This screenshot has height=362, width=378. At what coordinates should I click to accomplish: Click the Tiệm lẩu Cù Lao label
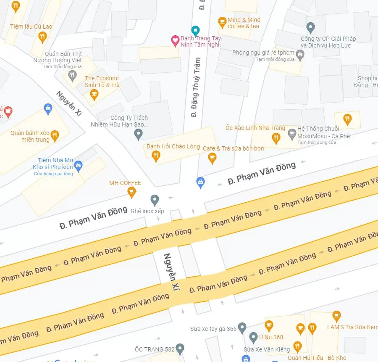[31, 26]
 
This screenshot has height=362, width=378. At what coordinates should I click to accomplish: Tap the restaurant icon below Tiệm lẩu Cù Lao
[42, 37]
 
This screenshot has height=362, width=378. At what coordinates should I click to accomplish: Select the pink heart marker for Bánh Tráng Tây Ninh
[175, 41]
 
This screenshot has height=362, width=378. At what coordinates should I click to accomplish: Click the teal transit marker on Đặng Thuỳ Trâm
[195, 30]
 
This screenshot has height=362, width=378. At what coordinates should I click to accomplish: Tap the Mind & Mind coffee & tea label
[244, 23]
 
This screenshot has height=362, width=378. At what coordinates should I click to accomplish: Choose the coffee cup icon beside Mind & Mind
[222, 21]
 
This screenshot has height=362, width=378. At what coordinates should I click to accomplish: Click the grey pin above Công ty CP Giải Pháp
[311, 28]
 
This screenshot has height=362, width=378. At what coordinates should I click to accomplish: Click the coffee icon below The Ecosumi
[94, 95]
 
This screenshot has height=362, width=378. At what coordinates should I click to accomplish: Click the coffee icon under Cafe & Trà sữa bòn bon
[212, 158]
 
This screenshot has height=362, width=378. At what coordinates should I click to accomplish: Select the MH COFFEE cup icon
[132, 192]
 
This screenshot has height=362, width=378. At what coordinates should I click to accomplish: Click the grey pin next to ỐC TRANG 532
[180, 349]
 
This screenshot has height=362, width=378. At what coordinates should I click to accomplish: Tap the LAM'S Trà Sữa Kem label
[352, 327]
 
